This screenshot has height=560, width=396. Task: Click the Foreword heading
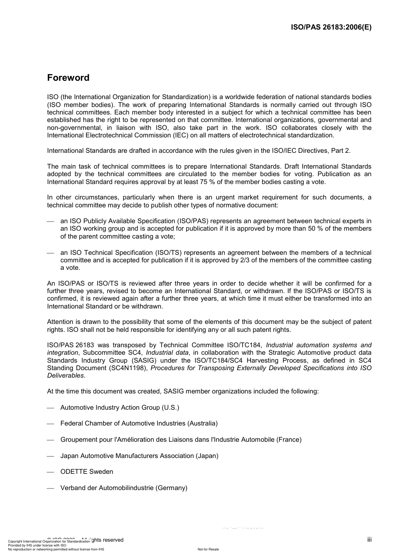(68, 78)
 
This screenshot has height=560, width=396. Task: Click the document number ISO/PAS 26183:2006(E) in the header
(331, 27)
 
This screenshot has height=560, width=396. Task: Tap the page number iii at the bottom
(369, 540)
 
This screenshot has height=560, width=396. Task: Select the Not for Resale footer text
(208, 549)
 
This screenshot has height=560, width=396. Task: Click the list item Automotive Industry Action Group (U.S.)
(120, 408)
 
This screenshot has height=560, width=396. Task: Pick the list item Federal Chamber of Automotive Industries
(139, 423)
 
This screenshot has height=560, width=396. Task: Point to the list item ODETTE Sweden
(87, 472)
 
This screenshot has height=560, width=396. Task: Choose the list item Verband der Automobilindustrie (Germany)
(124, 488)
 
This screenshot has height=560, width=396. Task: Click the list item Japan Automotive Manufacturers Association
(139, 456)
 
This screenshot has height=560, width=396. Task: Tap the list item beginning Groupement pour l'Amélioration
(181, 440)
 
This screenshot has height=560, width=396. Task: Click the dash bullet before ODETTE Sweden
(50, 472)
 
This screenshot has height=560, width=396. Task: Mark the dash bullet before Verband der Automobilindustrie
(50, 488)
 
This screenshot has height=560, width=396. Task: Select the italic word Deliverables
(65, 376)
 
